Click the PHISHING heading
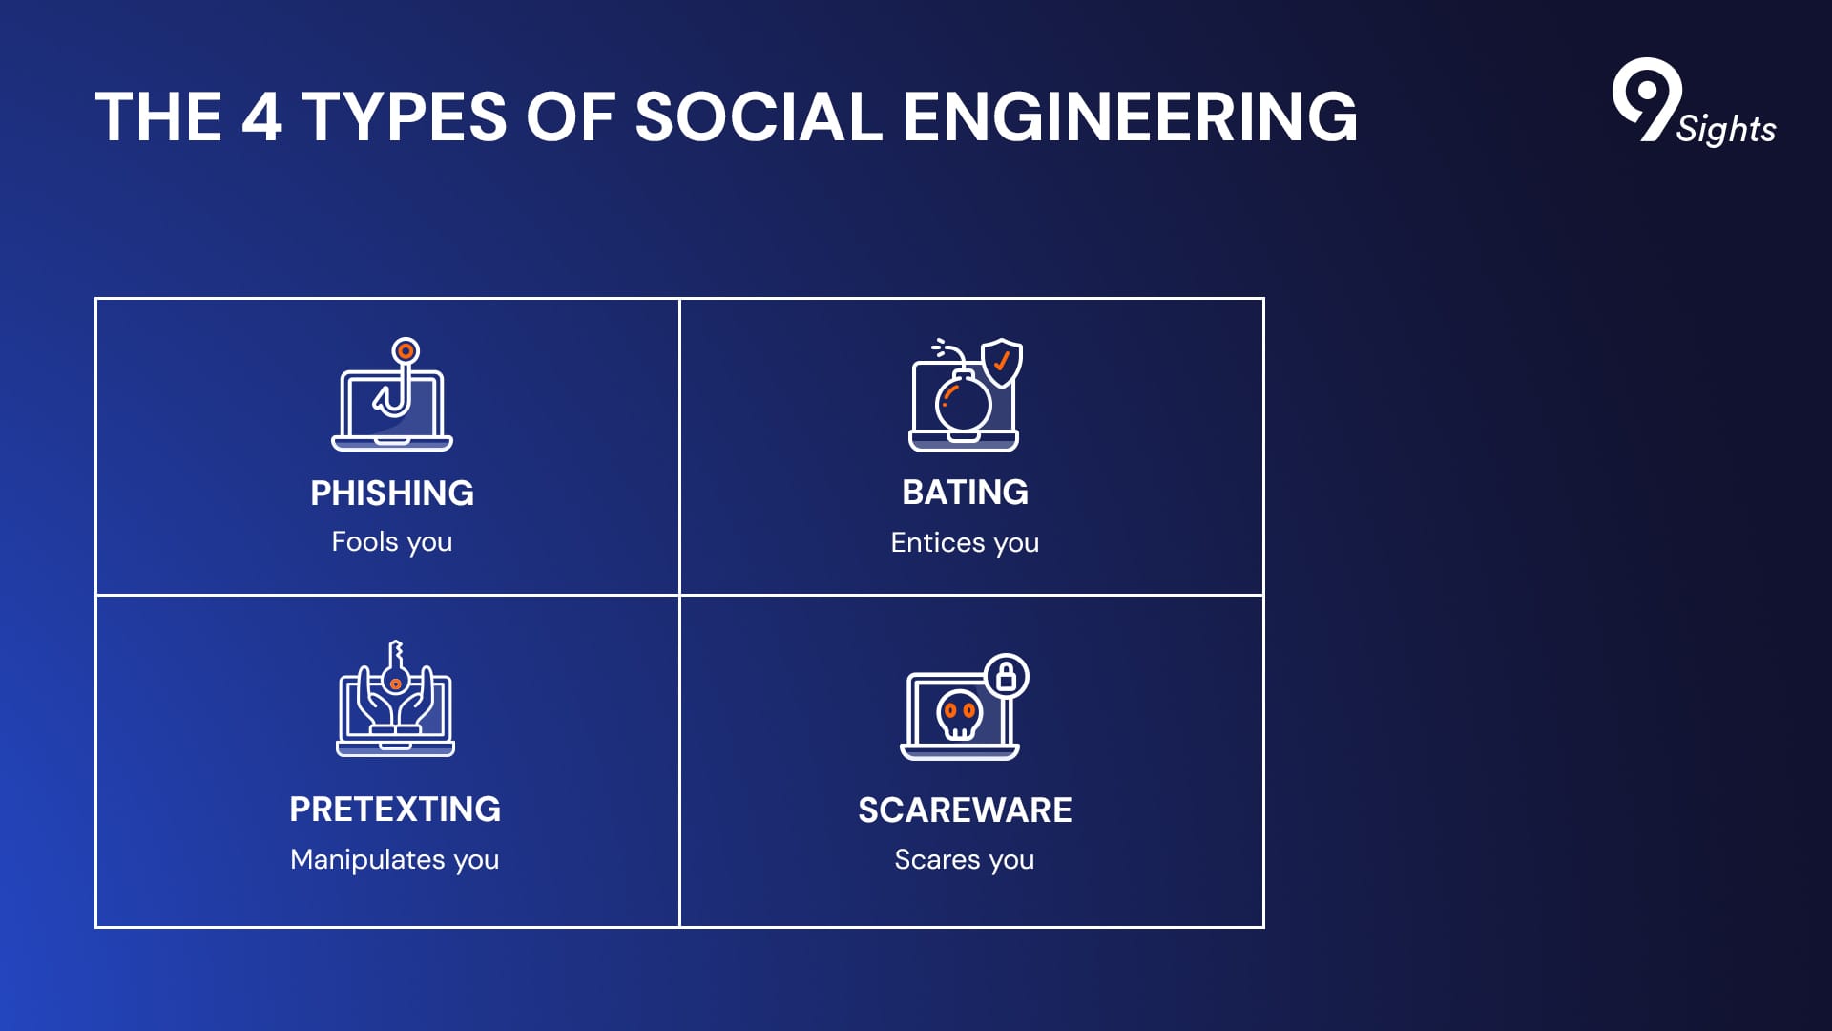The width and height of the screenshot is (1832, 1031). [x=392, y=493]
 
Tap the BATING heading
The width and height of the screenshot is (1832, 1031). [x=965, y=493]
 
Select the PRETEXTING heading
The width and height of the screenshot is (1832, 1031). [x=395, y=810]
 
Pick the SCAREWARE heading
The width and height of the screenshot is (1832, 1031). [x=965, y=810]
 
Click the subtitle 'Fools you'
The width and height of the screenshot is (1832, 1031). [x=392, y=542]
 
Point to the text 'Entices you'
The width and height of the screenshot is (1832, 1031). [x=965, y=543]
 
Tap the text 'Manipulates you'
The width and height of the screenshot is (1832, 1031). [x=395, y=859]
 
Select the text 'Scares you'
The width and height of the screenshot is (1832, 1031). [x=965, y=860]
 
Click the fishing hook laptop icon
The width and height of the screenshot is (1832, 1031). [x=392, y=394]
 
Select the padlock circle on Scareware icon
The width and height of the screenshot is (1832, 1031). [x=1006, y=676]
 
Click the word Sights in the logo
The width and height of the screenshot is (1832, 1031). [x=1726, y=129]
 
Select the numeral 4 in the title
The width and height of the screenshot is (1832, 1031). [x=261, y=116]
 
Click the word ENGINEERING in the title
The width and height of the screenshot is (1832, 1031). [x=1130, y=116]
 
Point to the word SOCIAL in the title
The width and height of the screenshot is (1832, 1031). [x=759, y=116]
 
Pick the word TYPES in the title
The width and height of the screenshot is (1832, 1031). [x=405, y=116]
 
